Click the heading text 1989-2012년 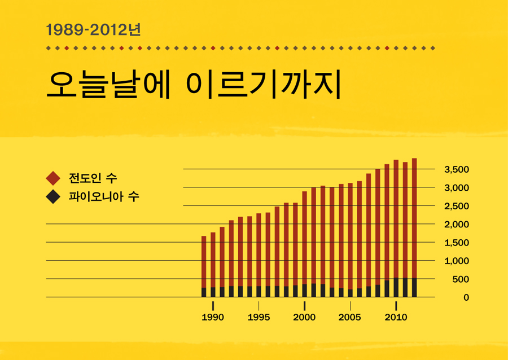tap(93, 29)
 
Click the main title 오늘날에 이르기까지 tap(194, 85)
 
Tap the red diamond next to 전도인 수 tap(53, 178)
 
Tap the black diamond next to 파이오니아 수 tap(53, 197)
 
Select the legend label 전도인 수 tap(93, 178)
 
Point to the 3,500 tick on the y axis tap(456, 169)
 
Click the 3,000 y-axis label tap(456, 188)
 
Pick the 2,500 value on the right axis tap(456, 206)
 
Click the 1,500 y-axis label tap(456, 243)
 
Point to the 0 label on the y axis tap(466, 297)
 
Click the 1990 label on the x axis tap(213, 318)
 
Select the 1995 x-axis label tap(259, 318)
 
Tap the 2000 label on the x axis tap(304, 318)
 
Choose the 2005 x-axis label tap(350, 318)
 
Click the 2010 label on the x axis tap(396, 318)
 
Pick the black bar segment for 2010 tap(396, 287)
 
